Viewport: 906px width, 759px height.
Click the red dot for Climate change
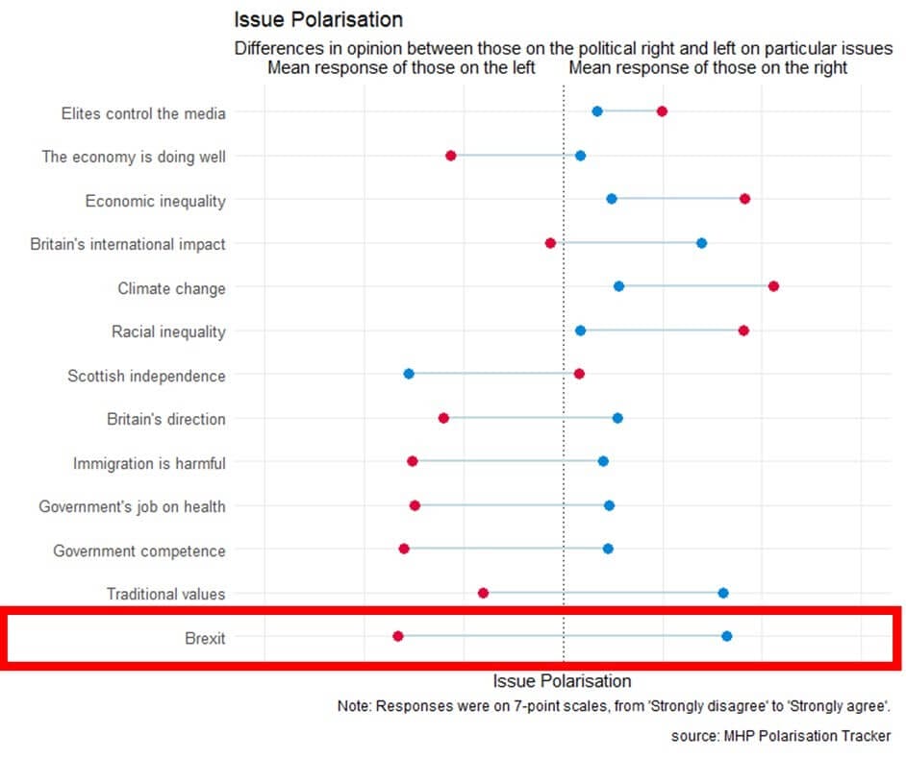[x=773, y=286]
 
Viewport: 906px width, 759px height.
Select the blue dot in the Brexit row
[x=726, y=636]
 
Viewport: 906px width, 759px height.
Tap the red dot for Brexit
[x=398, y=636]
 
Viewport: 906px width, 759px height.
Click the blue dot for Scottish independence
[x=409, y=374]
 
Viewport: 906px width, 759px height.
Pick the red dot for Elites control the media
[x=662, y=111]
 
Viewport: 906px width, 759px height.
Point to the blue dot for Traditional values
[x=723, y=593]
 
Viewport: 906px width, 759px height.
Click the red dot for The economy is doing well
[x=450, y=156]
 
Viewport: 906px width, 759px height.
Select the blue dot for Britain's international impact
[x=701, y=243]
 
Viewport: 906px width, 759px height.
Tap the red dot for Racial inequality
[x=743, y=331]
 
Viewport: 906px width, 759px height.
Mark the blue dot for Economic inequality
[x=612, y=199]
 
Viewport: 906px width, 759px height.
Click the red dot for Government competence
[x=404, y=549]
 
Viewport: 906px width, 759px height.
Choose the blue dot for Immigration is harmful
[x=603, y=461]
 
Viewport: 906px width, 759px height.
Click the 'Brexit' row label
[x=204, y=638]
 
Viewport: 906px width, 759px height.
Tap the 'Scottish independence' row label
[x=146, y=376]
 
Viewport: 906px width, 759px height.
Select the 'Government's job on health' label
[x=132, y=506]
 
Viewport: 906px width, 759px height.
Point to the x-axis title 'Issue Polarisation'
[x=562, y=680]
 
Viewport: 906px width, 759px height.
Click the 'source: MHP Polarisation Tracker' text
[x=780, y=736]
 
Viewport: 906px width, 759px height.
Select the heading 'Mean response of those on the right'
[x=708, y=68]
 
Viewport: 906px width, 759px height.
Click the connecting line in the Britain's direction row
[x=529, y=418]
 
